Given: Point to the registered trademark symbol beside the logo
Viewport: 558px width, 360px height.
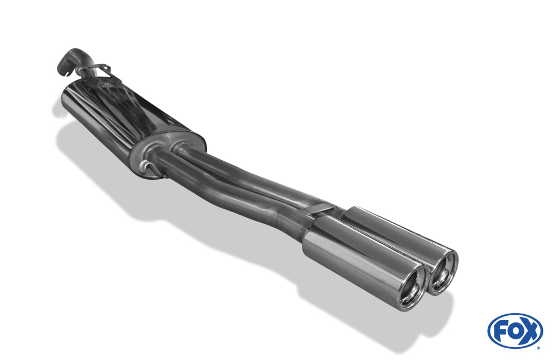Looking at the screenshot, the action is (538, 348).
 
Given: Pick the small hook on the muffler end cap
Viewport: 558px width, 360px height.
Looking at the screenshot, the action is (146, 167).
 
